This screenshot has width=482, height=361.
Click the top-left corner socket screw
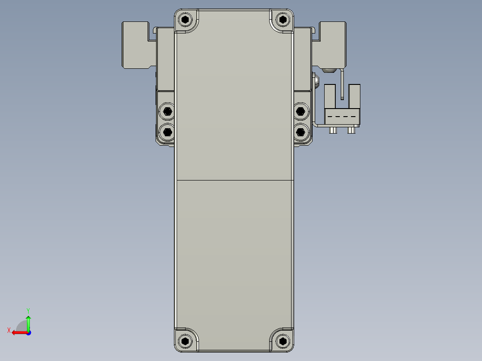pyautogui.click(x=186, y=20)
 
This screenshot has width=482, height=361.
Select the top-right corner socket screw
pyautogui.click(x=282, y=20)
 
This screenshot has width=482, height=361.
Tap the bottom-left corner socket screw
pyautogui.click(x=186, y=341)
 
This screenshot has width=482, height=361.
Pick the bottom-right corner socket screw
pyautogui.click(x=282, y=341)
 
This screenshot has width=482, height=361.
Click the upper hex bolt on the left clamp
pyautogui.click(x=167, y=111)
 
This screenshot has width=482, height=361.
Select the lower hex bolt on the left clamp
pyautogui.click(x=167, y=131)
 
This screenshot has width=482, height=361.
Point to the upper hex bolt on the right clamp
pyautogui.click(x=301, y=111)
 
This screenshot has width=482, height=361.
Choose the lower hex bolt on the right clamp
pyautogui.click(x=301, y=131)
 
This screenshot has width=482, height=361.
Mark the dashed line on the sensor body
pyautogui.click(x=342, y=116)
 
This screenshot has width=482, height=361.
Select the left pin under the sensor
pyautogui.click(x=333, y=130)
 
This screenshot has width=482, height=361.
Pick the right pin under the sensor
pyautogui.click(x=351, y=130)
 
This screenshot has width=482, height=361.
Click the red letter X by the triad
pyautogui.click(x=8, y=330)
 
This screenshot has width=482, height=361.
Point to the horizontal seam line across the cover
pyautogui.click(x=233, y=180)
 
